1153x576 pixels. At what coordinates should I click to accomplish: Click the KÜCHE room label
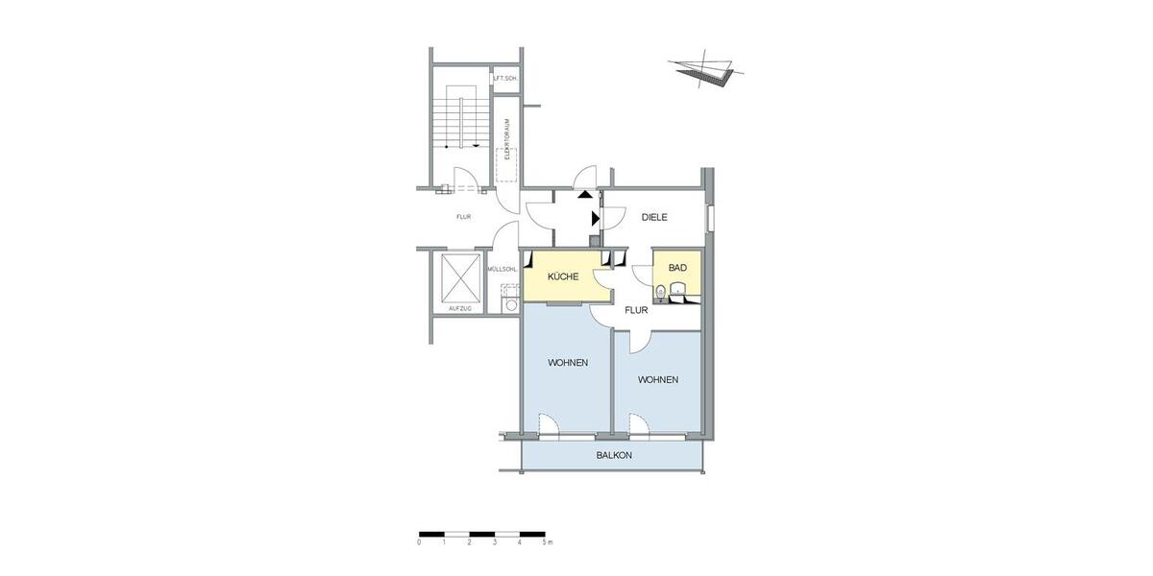point(562,277)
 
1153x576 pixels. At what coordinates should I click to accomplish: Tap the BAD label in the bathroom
point(677,268)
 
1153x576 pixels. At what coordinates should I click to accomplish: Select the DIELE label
point(654,218)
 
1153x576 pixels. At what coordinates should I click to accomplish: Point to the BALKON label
point(614,455)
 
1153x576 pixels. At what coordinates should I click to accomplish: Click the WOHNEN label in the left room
point(568,363)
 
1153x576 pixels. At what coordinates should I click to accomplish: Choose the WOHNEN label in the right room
point(658,380)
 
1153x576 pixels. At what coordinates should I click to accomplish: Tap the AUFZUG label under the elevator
point(459,308)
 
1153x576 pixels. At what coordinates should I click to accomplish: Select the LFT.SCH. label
point(505,78)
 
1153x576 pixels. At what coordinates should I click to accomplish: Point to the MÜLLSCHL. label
point(503,270)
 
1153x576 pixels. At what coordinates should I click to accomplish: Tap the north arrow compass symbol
point(706,70)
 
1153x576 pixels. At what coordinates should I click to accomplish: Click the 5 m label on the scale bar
point(547,543)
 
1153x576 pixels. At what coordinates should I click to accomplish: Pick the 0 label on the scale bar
point(420,543)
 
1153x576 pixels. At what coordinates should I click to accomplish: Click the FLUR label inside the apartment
point(635,311)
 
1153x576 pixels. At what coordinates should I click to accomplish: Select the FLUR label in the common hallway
point(463,217)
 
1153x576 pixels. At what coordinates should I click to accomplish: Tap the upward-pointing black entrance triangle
point(585,194)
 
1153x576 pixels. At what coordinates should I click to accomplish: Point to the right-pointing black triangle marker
point(596,219)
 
